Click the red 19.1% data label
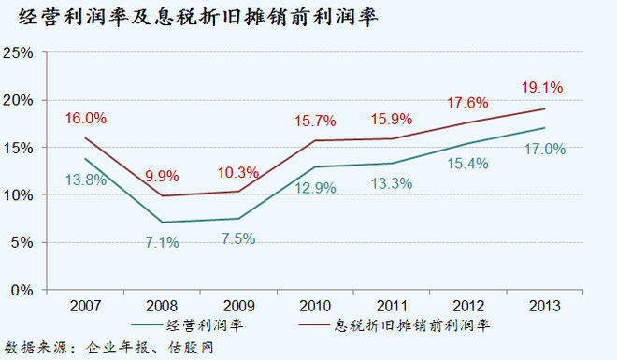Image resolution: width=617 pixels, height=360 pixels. (x=542, y=88)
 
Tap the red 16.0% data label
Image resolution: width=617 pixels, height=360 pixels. (x=86, y=119)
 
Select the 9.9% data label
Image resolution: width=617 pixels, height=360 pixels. (x=161, y=174)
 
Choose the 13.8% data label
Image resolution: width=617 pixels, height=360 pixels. (x=85, y=180)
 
